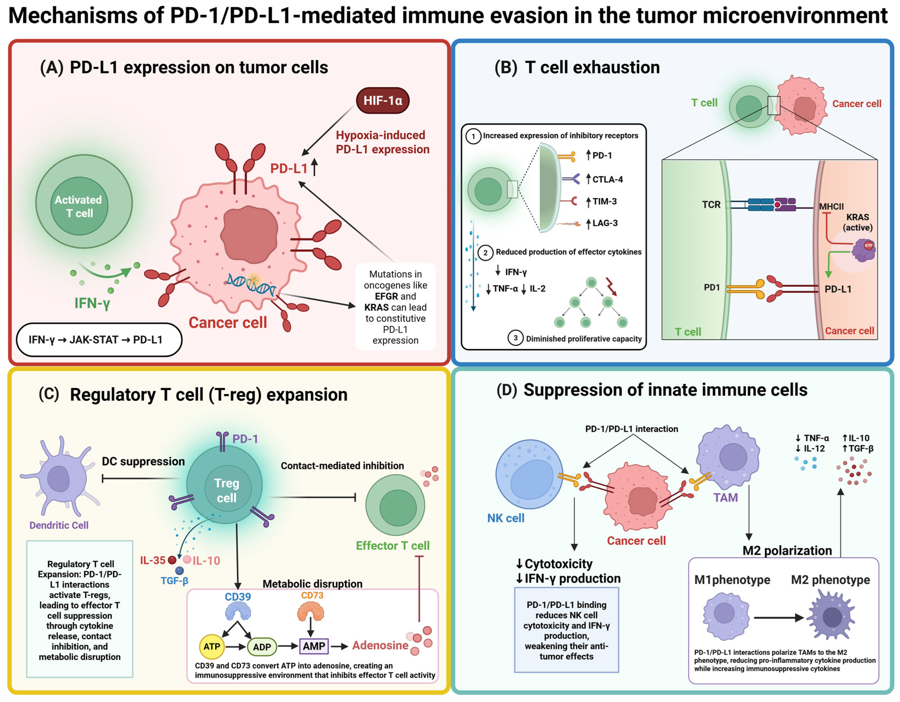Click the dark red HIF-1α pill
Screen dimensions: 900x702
tap(382, 100)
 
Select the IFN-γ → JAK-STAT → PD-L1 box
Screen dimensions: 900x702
tap(99, 339)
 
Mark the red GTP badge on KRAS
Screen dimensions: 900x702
tap(868, 245)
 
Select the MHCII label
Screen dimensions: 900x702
tap(831, 206)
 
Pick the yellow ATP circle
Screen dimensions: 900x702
tap(212, 646)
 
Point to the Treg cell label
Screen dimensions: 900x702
tap(227, 490)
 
